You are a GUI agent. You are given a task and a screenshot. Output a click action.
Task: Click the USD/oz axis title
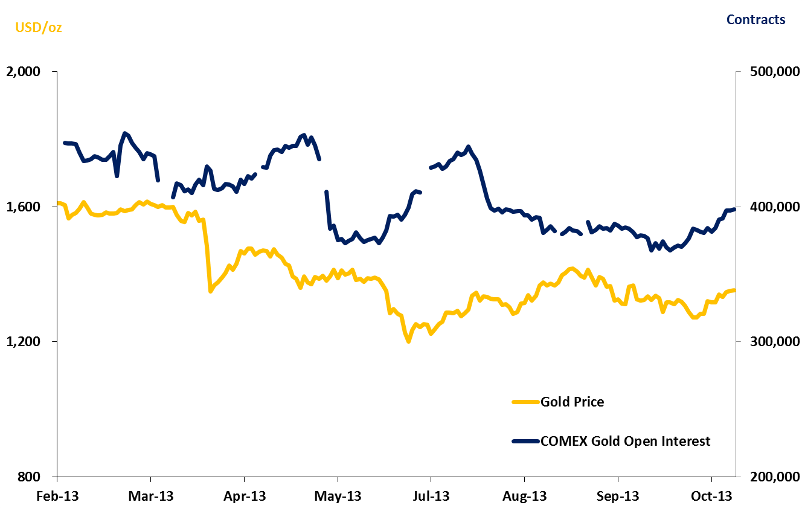point(39,27)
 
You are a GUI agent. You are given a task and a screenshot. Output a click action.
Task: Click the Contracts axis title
point(755,20)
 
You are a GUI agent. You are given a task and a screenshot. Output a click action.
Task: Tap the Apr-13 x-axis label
point(245,497)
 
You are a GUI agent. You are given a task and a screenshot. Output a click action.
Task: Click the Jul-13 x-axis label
point(431,497)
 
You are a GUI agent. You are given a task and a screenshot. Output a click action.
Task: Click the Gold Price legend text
point(572,402)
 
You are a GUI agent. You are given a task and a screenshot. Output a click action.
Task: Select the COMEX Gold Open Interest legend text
point(625,441)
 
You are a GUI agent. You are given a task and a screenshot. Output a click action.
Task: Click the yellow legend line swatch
point(525,402)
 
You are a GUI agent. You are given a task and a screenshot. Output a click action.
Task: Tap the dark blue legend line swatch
point(525,441)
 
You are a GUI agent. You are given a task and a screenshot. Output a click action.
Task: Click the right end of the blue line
point(734,209)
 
